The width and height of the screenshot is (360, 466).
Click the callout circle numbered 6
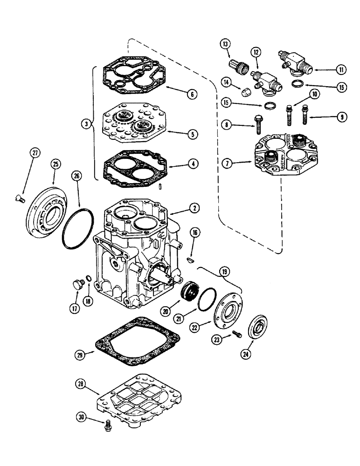[191, 94]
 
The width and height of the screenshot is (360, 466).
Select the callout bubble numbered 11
[342, 70]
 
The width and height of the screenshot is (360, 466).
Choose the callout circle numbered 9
[342, 116]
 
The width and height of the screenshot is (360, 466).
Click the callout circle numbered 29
[80, 354]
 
